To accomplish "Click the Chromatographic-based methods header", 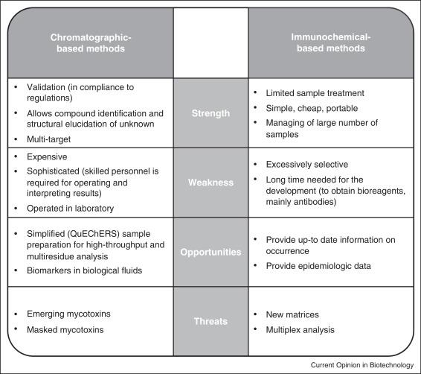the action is [91, 43].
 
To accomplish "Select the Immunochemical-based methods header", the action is [331, 42].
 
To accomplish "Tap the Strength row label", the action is [210, 113].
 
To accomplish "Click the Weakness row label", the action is [210, 183].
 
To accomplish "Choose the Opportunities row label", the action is [210, 252].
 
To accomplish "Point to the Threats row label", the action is [210, 321].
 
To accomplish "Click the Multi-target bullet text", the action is [48, 139].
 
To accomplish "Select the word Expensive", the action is [47, 156].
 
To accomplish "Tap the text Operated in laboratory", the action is [71, 209].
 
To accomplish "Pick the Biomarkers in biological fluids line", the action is [85, 270].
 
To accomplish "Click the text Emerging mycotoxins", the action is [68, 314].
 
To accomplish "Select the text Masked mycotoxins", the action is [65, 329].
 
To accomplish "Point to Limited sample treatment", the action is [315, 93].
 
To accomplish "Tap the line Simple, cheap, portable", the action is [312, 108].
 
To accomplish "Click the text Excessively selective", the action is [307, 165].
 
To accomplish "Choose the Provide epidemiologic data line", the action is [318, 266].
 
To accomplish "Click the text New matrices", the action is [292, 314].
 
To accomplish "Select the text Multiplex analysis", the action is [301, 330].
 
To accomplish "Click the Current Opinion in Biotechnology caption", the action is [362, 365].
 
